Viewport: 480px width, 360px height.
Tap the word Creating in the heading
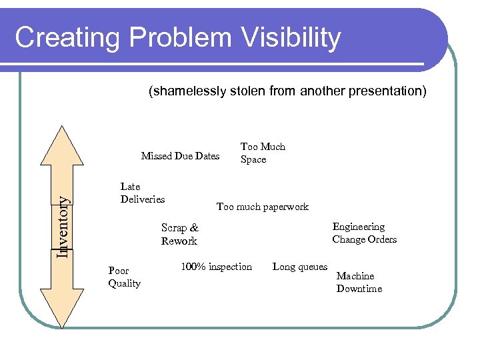(56, 38)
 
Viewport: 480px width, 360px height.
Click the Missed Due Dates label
(180, 156)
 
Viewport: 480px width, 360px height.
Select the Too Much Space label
(262, 153)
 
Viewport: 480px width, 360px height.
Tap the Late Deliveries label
(142, 193)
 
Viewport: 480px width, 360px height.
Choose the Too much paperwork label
(262, 207)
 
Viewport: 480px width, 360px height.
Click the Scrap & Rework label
(179, 234)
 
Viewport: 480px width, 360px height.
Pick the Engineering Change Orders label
(364, 233)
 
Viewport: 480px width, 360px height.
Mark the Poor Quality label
(124, 277)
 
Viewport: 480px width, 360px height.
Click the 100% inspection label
(216, 267)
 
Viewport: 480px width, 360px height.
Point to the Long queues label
(300, 267)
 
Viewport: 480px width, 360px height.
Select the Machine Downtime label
(359, 282)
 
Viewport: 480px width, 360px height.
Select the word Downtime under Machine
(359, 289)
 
